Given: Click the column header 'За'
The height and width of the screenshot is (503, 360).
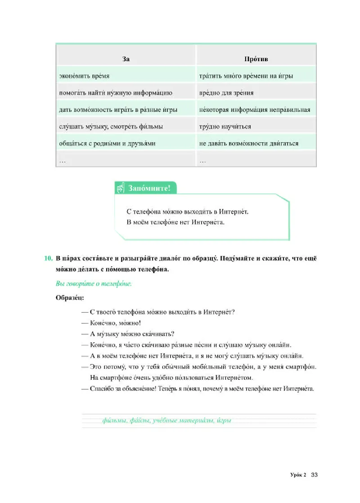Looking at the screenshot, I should (x=126, y=59).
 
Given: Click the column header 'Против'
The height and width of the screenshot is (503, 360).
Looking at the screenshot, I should (x=256, y=59).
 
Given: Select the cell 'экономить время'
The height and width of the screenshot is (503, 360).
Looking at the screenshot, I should (x=84, y=76).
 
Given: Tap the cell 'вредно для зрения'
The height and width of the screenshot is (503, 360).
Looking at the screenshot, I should (x=226, y=93).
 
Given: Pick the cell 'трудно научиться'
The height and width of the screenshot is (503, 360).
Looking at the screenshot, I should (x=225, y=127).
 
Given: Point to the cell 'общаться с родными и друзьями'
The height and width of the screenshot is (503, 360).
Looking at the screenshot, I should (x=107, y=144).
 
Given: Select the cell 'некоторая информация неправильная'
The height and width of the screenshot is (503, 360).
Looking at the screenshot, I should (x=254, y=110).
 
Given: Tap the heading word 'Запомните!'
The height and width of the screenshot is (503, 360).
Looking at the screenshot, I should (x=149, y=188).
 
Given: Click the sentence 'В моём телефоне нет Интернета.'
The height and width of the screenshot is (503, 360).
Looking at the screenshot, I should (x=175, y=222).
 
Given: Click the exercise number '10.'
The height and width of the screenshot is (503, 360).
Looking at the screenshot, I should (x=49, y=259).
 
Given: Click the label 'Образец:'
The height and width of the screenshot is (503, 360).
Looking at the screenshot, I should (x=69, y=297).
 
